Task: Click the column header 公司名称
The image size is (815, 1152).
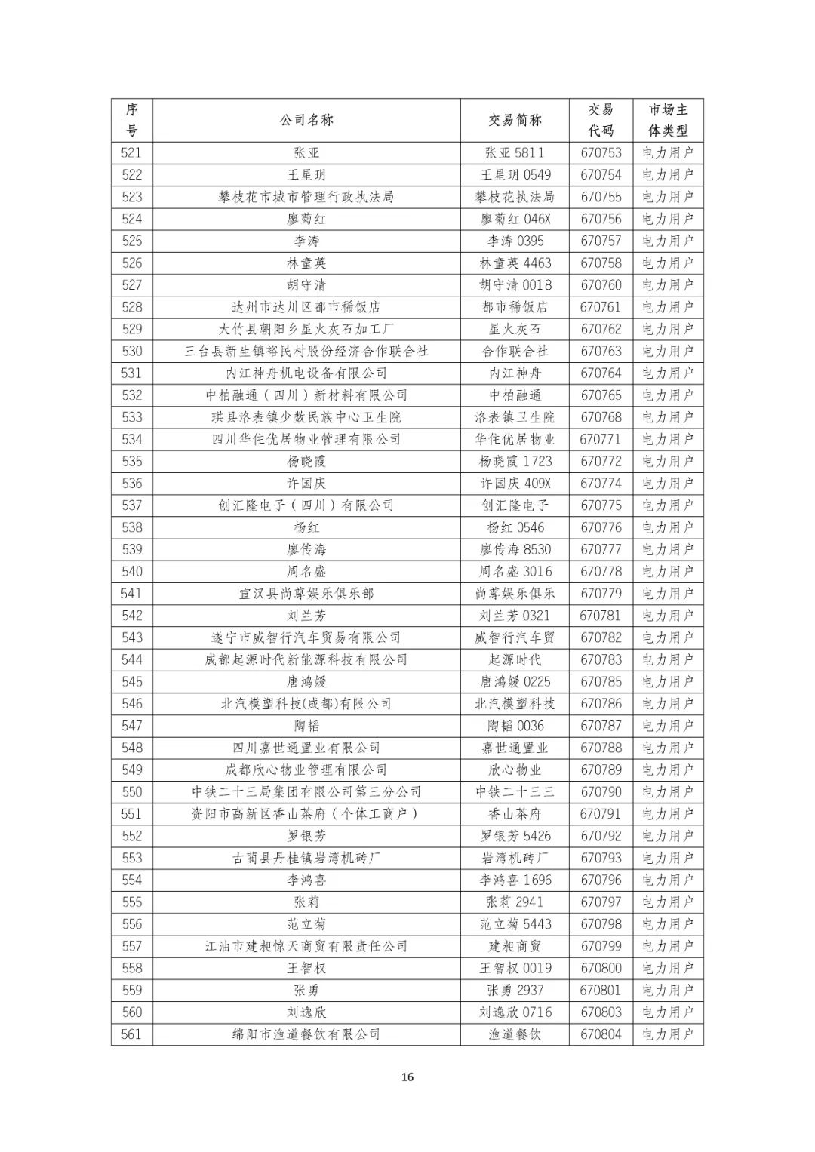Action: point(306,120)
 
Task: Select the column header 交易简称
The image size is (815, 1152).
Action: point(515,120)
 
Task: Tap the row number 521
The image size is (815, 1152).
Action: point(131,152)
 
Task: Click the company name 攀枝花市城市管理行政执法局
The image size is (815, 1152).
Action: point(306,197)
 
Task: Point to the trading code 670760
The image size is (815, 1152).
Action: point(601,285)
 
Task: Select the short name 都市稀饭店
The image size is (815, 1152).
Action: point(515,307)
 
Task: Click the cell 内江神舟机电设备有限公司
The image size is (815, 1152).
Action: point(306,373)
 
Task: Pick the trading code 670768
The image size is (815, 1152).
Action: point(601,417)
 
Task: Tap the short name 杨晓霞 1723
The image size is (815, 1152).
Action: point(515,461)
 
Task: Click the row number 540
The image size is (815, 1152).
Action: point(131,571)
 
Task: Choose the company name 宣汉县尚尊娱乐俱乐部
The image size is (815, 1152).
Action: point(306,594)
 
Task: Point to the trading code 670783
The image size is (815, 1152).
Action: point(601,659)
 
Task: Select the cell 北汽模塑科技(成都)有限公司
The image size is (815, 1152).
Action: point(306,704)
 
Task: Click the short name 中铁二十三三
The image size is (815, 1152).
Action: point(515,792)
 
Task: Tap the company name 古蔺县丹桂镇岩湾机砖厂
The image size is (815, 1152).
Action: point(306,858)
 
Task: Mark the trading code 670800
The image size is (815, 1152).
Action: point(601,968)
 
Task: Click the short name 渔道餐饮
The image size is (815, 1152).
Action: point(515,1034)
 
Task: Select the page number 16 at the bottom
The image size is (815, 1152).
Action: point(407,1077)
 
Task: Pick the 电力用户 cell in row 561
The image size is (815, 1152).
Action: point(667,1034)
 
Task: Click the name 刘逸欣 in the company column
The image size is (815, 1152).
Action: point(306,1012)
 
